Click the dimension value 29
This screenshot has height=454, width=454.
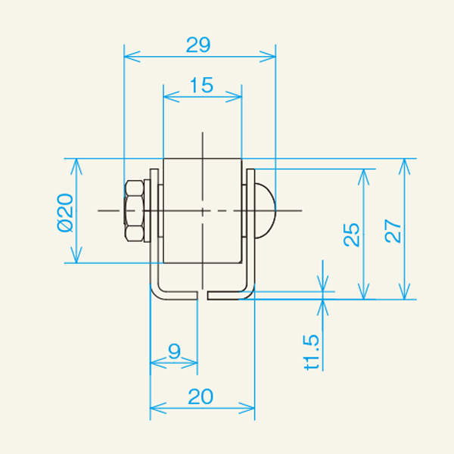pos(198,45)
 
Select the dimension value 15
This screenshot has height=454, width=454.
pos(202,85)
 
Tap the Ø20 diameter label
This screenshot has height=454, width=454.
pos(65,213)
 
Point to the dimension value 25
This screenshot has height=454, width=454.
pos(351,235)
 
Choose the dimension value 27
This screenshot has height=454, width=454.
pos(393,231)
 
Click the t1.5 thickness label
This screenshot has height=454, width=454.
pos(312,352)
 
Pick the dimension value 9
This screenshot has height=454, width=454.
pos(175,351)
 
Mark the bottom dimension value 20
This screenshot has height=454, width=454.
pos(201,396)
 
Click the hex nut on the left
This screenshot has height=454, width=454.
pos(134,211)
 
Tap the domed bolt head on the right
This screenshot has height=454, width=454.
pos(265,211)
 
